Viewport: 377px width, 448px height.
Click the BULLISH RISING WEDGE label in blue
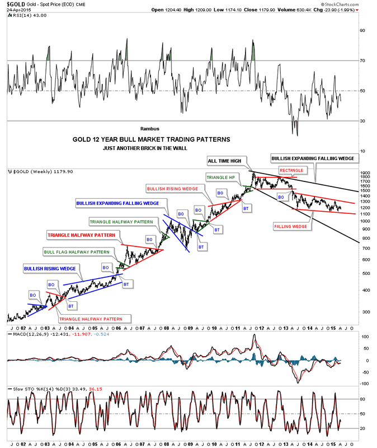tap(50, 269)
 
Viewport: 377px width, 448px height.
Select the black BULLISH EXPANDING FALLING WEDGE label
tap(312, 159)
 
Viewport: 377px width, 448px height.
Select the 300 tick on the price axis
tap(365, 312)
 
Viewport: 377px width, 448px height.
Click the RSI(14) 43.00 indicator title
tap(27, 15)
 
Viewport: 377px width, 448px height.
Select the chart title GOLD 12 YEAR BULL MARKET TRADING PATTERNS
tap(151, 139)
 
